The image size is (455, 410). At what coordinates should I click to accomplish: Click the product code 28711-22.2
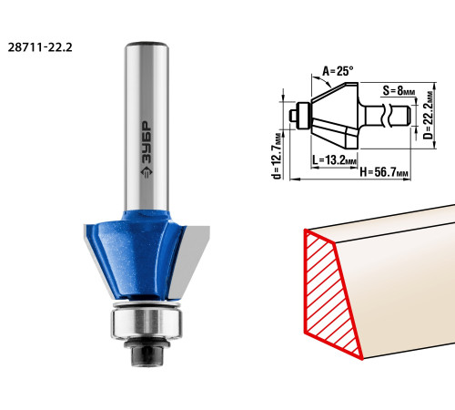[40, 47]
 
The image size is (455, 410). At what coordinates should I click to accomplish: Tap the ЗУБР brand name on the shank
[147, 141]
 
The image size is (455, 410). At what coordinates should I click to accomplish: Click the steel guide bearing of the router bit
[147, 323]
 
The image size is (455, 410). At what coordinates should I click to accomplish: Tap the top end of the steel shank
[147, 44]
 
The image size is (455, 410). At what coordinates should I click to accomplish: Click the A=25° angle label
[338, 71]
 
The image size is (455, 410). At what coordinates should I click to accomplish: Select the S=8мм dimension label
[399, 90]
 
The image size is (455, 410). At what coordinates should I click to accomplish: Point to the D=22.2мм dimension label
[429, 115]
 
